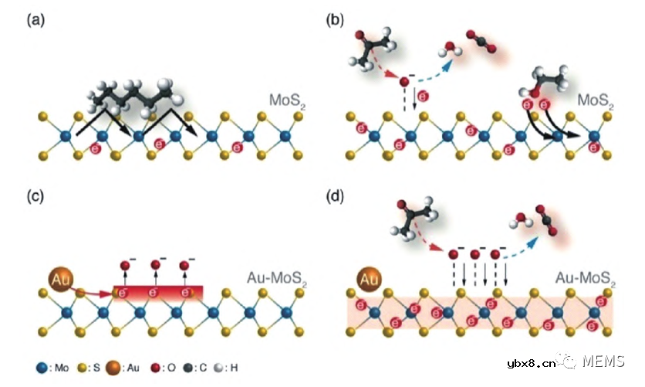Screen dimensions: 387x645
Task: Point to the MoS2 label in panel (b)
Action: pos(597,101)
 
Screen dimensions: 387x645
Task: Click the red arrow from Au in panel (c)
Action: pos(96,292)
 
